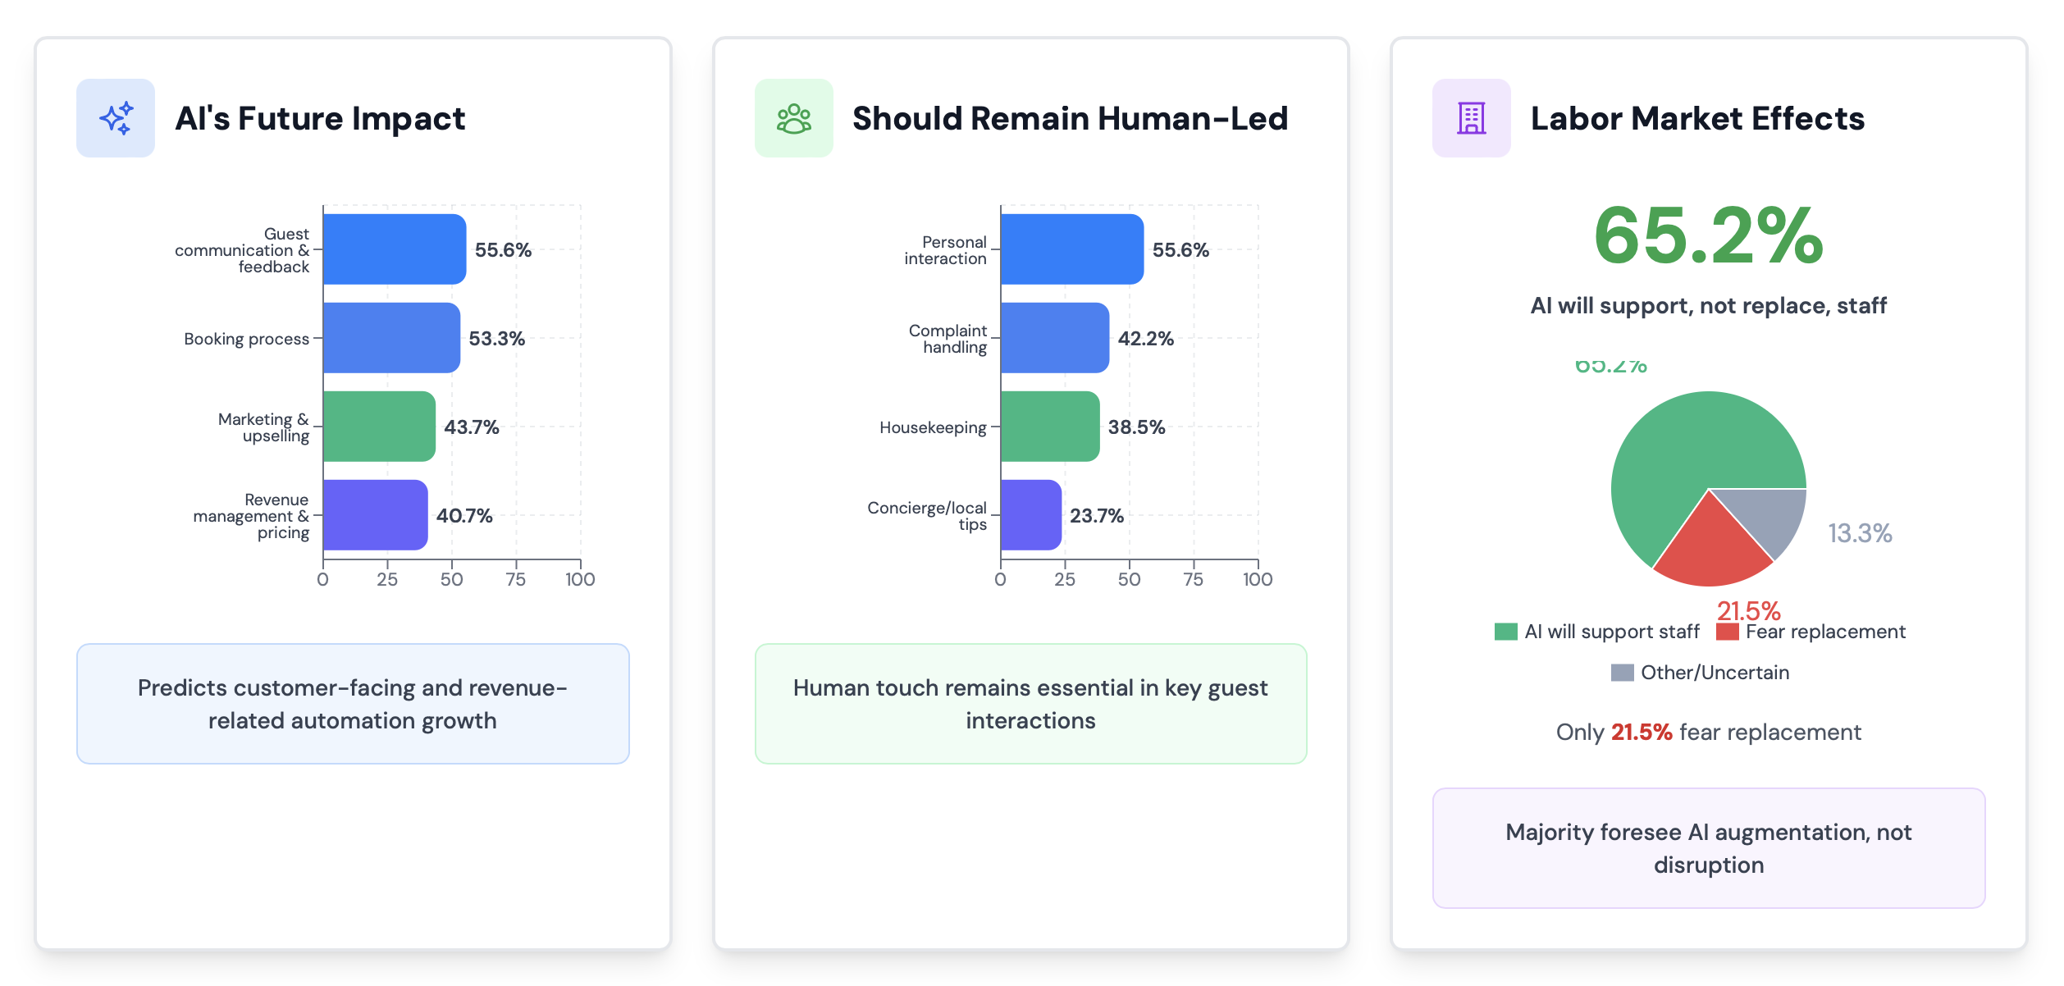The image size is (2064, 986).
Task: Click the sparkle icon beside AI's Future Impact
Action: pos(116,118)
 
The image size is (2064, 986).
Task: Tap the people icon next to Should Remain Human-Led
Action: pos(793,118)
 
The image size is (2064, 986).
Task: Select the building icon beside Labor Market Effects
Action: pos(1471,118)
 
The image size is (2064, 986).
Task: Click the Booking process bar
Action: pos(391,338)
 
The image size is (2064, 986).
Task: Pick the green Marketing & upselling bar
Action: pos(379,427)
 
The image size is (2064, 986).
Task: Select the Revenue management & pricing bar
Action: pos(375,515)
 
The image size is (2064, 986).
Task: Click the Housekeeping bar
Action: pos(1049,427)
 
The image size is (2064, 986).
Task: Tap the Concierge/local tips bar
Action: pos(1030,515)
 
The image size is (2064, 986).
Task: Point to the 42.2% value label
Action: pos(1145,339)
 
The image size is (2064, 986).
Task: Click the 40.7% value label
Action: pos(464,516)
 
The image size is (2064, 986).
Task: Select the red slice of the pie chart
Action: pos(1711,546)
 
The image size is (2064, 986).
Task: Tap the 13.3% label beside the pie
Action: pos(1860,533)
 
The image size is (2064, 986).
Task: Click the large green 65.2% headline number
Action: pos(1709,236)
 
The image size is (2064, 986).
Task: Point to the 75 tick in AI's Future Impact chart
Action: pos(516,579)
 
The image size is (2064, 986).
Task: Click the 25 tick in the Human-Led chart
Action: pos(1065,579)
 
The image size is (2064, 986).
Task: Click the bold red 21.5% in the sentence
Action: pos(1641,732)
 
